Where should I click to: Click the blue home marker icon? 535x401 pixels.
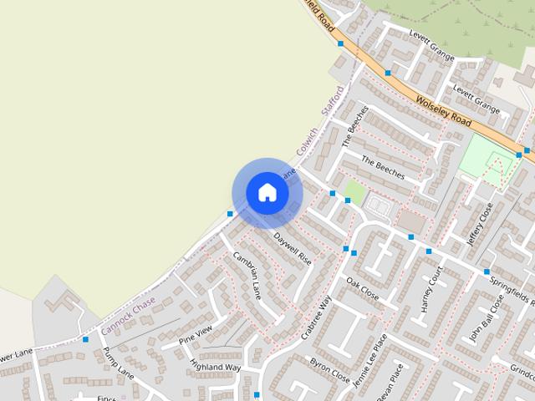click(267, 192)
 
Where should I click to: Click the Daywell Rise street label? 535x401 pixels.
click(293, 248)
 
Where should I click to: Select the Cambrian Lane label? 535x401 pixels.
click(247, 275)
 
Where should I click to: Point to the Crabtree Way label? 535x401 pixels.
click(316, 317)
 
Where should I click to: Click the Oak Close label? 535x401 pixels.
click(362, 289)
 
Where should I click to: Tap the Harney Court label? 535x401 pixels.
click(431, 288)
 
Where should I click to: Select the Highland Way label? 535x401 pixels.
click(215, 366)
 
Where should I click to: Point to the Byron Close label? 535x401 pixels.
click(329, 371)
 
